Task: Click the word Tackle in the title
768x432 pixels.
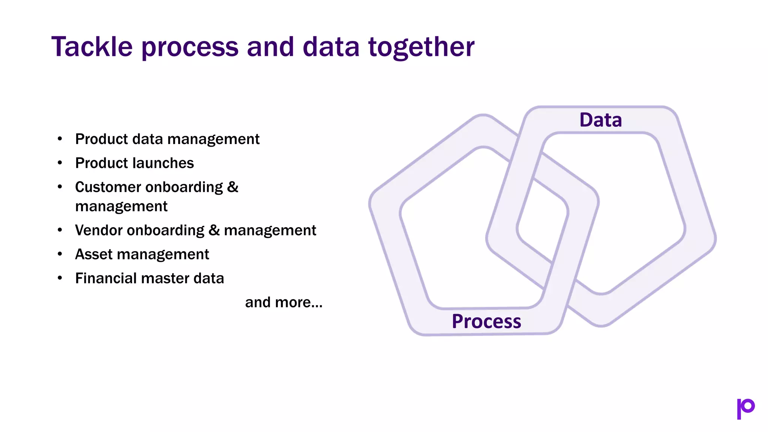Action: [x=92, y=47]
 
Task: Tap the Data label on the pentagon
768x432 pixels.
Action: [x=600, y=120]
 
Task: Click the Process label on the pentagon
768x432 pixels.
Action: [x=486, y=321]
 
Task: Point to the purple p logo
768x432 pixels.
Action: [x=745, y=408]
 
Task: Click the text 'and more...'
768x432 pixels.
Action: [x=283, y=302]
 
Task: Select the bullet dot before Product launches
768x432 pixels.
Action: [x=60, y=163]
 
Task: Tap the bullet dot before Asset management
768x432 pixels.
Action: [x=60, y=254]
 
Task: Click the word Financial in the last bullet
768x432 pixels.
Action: [x=106, y=278]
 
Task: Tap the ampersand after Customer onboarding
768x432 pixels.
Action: [x=232, y=187]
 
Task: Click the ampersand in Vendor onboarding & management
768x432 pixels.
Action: [x=214, y=230]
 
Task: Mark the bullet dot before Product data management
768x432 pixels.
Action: [x=60, y=139]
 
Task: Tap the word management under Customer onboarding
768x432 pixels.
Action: [x=121, y=207]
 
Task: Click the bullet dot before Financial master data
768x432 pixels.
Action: [x=60, y=278]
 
